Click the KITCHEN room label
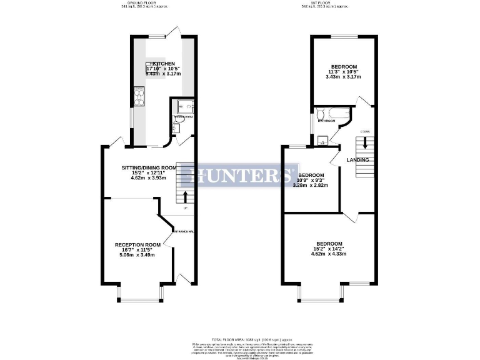164,64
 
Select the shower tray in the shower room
186,106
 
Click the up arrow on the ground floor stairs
185,197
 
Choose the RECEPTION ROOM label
137,244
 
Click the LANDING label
359,160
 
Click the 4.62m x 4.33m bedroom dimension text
329,254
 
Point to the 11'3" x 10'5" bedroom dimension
344,72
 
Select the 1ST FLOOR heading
329,3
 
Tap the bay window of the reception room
142,299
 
